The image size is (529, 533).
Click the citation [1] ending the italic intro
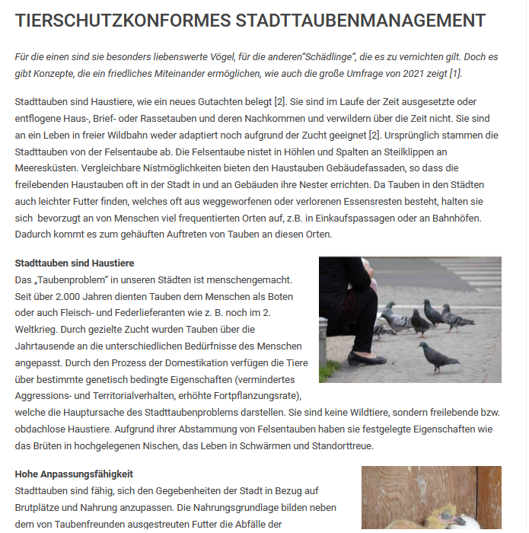[455, 74]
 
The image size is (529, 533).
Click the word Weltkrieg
[40, 329]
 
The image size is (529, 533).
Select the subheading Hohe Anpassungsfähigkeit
[74, 474]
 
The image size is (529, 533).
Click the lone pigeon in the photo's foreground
[440, 356]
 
